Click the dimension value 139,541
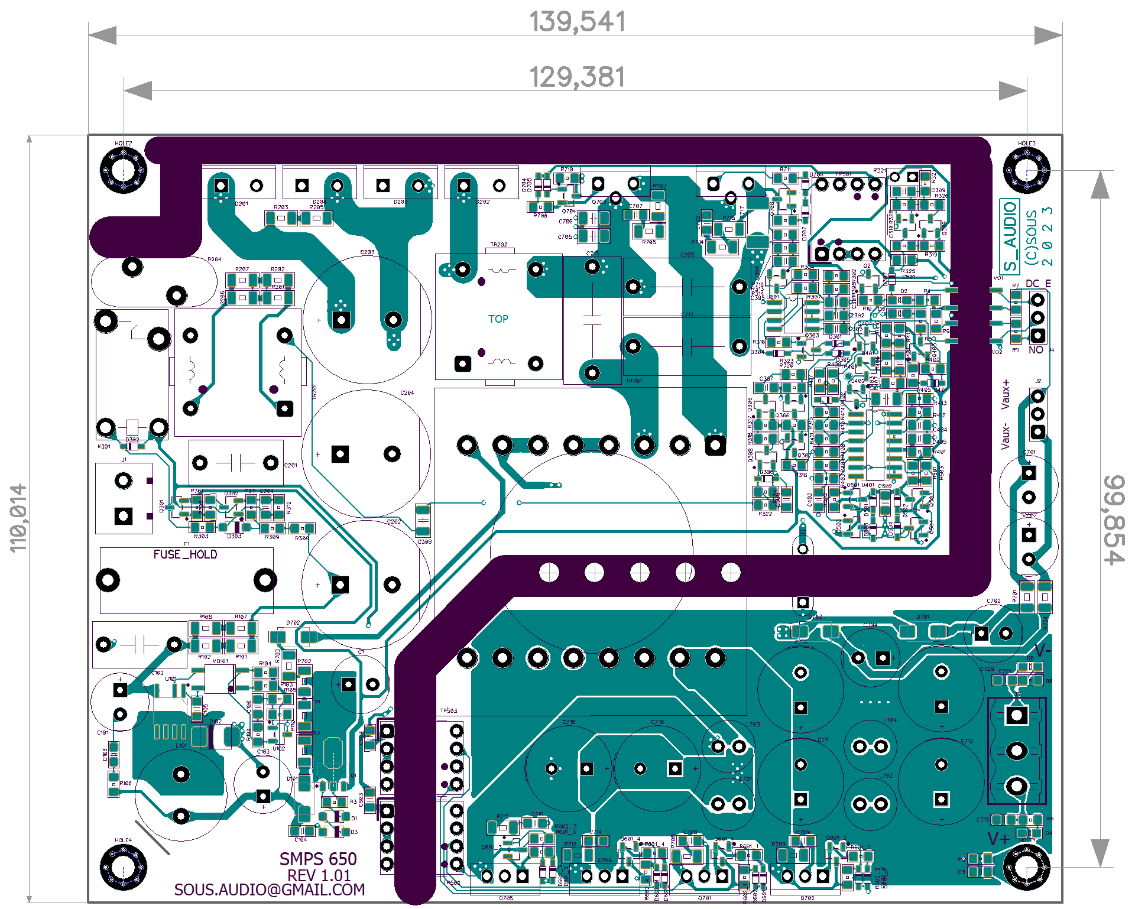coord(577,22)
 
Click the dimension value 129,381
coord(577,77)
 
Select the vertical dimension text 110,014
coord(18,518)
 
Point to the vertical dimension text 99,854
coord(1114,520)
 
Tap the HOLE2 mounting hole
coord(124,171)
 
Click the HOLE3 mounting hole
coord(1027,171)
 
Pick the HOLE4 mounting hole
coord(124,867)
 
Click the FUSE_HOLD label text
coord(185,554)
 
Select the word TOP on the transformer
coord(498,319)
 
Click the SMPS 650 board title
coord(318,859)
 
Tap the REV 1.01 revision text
coord(319,875)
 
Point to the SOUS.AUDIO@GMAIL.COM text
coord(270,890)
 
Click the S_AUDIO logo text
coord(1010,236)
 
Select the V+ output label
coord(999,839)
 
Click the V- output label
coord(1042,650)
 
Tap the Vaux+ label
coord(1006,395)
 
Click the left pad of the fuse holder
coord(108,580)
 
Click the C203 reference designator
coord(368,252)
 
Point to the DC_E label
coord(1038,284)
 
